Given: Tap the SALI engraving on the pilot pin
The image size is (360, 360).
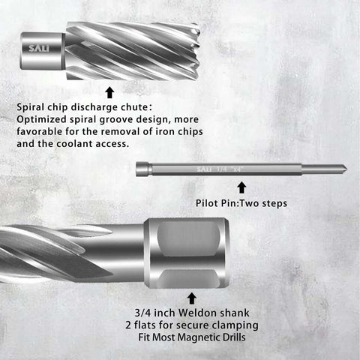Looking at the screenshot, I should tap(202, 169).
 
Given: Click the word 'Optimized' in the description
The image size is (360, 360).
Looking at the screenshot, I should tap(41, 120).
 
